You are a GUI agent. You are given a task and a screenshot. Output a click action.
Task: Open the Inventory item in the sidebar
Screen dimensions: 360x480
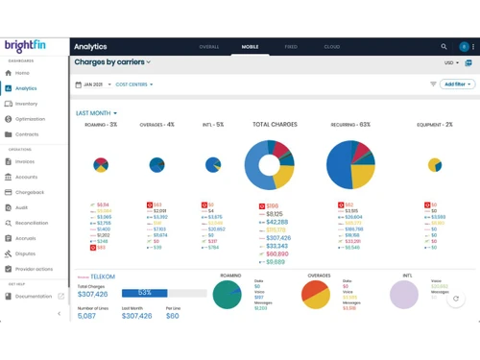(26, 104)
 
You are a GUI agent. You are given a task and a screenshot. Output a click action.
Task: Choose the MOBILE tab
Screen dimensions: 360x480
(250, 47)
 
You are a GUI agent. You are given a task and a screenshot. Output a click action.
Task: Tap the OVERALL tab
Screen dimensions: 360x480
(209, 47)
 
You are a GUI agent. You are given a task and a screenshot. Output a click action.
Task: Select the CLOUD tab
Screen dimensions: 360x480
(332, 47)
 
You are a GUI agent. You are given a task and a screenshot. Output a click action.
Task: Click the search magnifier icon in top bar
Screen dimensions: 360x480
(444, 46)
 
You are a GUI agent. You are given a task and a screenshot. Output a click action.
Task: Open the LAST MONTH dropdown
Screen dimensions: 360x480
(97, 113)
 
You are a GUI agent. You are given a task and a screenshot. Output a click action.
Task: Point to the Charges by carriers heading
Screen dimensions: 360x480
(112, 62)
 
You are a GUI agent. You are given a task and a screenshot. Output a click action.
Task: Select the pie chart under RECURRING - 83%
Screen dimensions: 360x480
(350, 164)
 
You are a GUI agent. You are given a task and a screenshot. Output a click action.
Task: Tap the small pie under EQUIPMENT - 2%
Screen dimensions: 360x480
(435, 165)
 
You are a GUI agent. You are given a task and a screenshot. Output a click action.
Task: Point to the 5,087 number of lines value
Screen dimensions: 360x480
(86, 316)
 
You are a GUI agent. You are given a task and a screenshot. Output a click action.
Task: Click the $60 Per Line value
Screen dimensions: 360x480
(172, 316)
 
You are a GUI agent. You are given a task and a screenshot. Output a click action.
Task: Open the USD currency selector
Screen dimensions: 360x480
(450, 62)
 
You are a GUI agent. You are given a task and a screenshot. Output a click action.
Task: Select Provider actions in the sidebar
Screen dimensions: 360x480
(34, 269)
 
